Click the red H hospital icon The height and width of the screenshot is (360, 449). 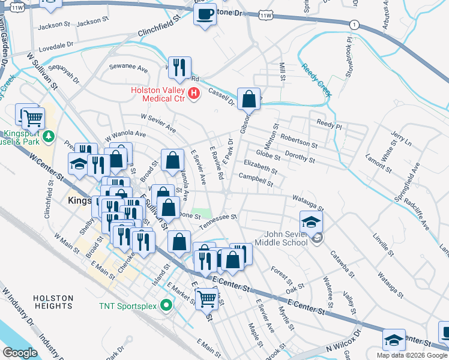(x=194, y=94)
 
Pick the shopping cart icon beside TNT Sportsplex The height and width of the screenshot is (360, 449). (x=207, y=297)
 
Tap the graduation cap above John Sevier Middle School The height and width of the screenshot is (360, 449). (x=311, y=221)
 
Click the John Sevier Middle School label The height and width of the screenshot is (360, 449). (x=281, y=238)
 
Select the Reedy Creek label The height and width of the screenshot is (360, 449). (x=316, y=80)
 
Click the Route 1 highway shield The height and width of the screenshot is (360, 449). (x=355, y=25)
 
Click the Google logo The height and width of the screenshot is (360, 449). (x=20, y=353)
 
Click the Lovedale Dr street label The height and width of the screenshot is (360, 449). (x=56, y=44)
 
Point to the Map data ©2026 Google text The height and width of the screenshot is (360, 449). (x=412, y=355)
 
